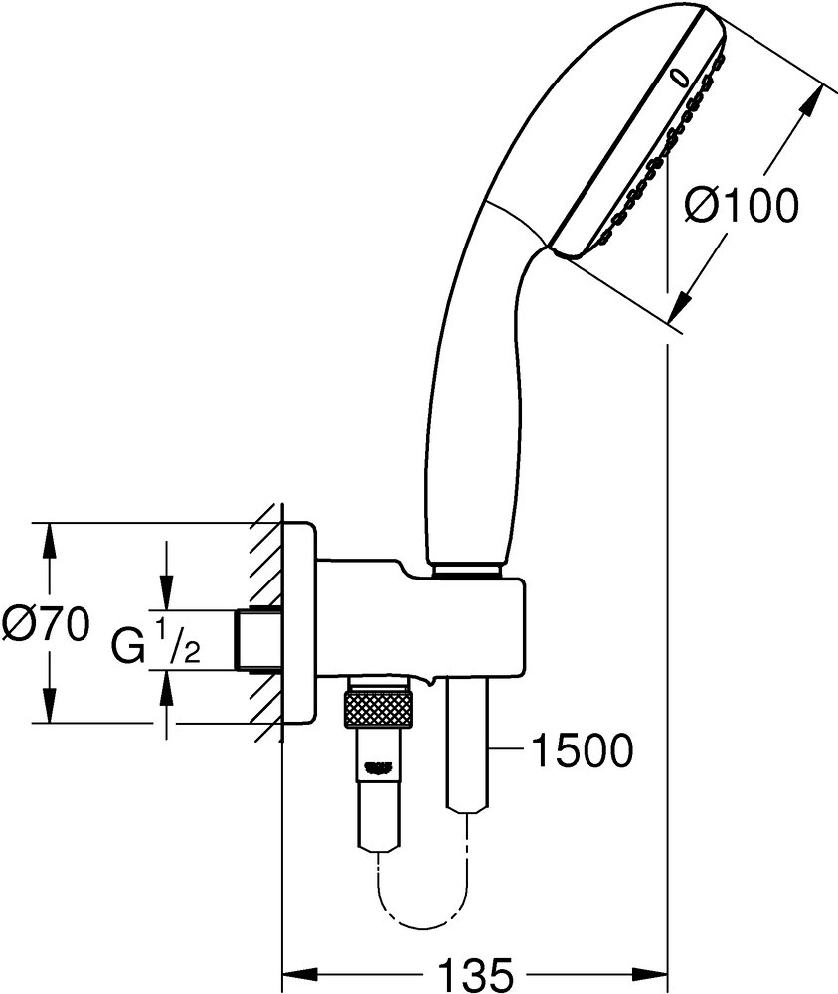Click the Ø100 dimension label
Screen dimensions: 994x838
click(743, 206)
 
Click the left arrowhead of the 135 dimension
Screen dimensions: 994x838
click(295, 971)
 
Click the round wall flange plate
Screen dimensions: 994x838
click(298, 624)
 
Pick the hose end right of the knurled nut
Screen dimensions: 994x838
click(467, 745)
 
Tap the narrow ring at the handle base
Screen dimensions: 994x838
click(465, 573)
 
